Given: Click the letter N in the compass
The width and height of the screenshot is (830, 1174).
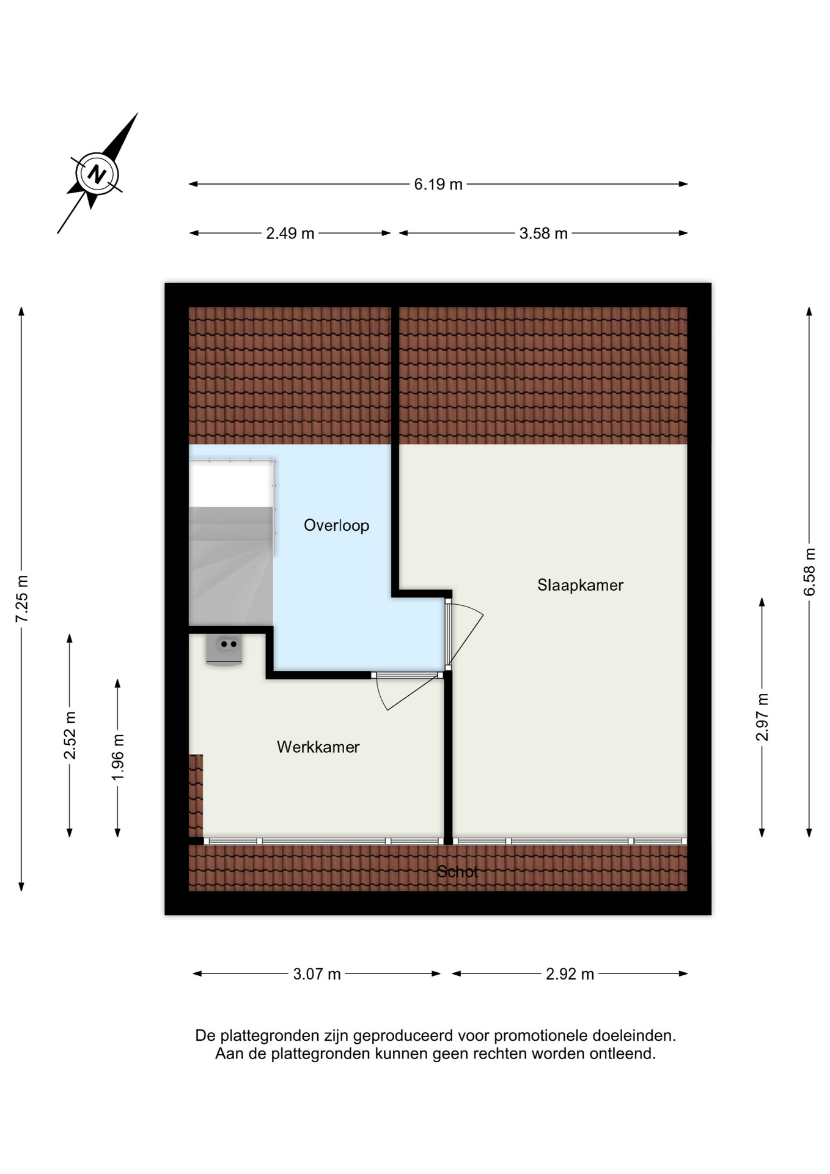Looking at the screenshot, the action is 97,174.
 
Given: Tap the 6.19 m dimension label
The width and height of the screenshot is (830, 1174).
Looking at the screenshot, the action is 438,184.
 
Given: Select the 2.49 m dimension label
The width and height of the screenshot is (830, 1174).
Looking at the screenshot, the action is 290,234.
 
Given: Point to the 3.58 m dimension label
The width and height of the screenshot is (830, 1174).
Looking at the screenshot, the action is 543,234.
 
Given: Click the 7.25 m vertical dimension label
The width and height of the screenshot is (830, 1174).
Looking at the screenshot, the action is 21,599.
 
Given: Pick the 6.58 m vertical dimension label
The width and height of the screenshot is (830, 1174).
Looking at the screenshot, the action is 809,572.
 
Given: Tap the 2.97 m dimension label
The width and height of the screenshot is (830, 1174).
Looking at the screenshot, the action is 762,717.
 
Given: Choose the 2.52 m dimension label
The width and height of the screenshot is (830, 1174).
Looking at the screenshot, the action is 70,736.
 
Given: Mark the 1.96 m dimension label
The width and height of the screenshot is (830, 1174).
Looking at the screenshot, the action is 117,757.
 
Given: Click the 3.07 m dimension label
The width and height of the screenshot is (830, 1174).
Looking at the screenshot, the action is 317,974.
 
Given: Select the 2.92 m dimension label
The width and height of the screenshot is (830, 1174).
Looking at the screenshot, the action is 570,974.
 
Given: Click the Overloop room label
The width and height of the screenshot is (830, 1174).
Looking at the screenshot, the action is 336,526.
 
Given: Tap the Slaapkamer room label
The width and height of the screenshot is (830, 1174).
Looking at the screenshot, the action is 580,585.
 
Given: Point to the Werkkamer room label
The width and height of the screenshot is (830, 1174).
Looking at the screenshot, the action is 318,747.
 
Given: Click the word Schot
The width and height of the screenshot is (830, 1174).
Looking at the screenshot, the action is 457,872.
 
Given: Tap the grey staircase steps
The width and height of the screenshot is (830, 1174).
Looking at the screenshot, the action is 231,566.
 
